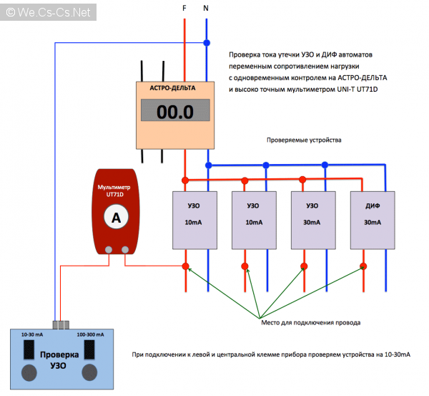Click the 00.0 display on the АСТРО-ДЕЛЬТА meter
(175, 112)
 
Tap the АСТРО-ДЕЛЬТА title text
(175, 89)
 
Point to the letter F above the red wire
(186, 9)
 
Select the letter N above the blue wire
(207, 9)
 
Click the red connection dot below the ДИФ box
(363, 266)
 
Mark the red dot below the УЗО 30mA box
(304, 266)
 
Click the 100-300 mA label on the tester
(91, 334)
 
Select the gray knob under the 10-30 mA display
(30, 372)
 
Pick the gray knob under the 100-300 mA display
(91, 372)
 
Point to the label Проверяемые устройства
(304, 140)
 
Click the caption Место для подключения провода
(310, 323)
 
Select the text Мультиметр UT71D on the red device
(115, 190)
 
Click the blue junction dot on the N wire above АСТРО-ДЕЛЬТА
(207, 43)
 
